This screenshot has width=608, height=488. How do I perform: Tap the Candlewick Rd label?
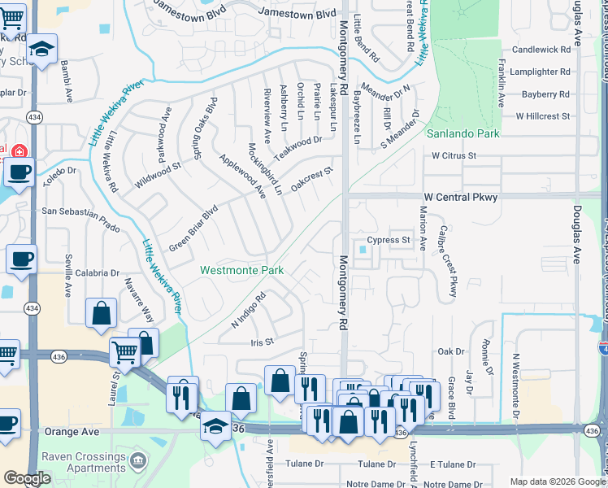pos(542,50)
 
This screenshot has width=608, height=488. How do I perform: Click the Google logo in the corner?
pos(27,478)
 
